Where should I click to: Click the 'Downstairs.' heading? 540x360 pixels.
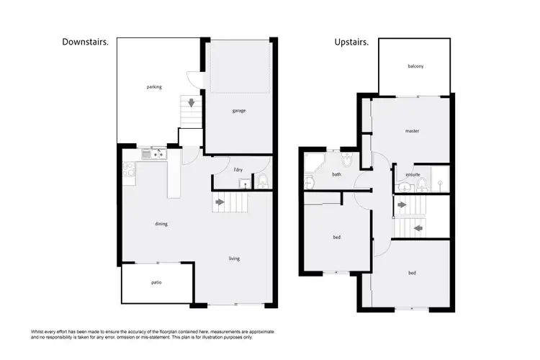[x=86, y=42]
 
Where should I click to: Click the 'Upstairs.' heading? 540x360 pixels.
[x=351, y=42]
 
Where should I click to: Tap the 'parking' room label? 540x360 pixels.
[x=154, y=87]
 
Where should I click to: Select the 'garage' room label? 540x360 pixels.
[x=239, y=111]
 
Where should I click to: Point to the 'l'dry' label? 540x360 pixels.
[x=238, y=169]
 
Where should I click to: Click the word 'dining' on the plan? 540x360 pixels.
[x=161, y=224]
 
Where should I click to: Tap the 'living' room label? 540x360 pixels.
[x=234, y=258]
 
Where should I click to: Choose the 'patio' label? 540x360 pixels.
[x=156, y=282]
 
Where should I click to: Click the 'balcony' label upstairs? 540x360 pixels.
[x=415, y=66]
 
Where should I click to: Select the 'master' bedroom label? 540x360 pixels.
[x=412, y=131]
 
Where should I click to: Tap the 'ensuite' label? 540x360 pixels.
[x=413, y=174]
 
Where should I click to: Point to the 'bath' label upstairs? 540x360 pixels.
[x=336, y=174]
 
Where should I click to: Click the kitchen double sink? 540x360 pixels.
[x=155, y=153]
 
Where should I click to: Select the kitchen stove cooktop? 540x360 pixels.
[x=127, y=170]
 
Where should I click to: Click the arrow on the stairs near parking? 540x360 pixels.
[x=192, y=103]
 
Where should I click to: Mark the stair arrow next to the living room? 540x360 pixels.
[x=220, y=202]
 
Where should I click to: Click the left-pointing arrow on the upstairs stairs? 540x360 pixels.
[x=418, y=228]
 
